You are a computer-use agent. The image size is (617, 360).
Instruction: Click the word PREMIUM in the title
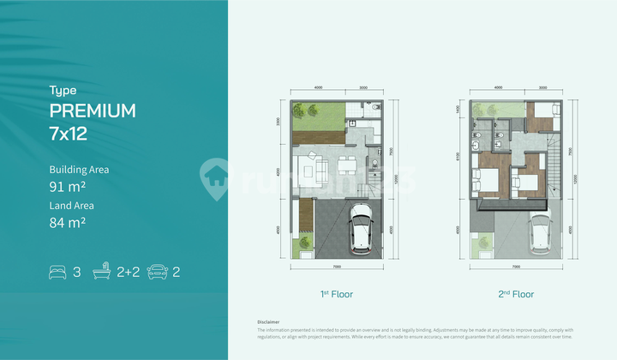[x=93, y=111]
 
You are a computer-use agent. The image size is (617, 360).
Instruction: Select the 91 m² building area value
[x=67, y=186]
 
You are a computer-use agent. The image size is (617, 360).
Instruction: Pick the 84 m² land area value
[x=67, y=223]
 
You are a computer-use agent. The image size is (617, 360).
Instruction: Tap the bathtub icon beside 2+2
[x=101, y=273]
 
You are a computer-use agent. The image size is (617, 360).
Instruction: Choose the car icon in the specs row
[x=156, y=273]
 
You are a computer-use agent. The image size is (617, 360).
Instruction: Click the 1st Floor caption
[x=337, y=294]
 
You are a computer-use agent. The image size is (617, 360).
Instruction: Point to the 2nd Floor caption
[x=517, y=294]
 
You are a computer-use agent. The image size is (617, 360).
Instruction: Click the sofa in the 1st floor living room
[x=319, y=168]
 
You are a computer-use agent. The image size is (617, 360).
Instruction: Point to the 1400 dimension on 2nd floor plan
[x=458, y=110]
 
